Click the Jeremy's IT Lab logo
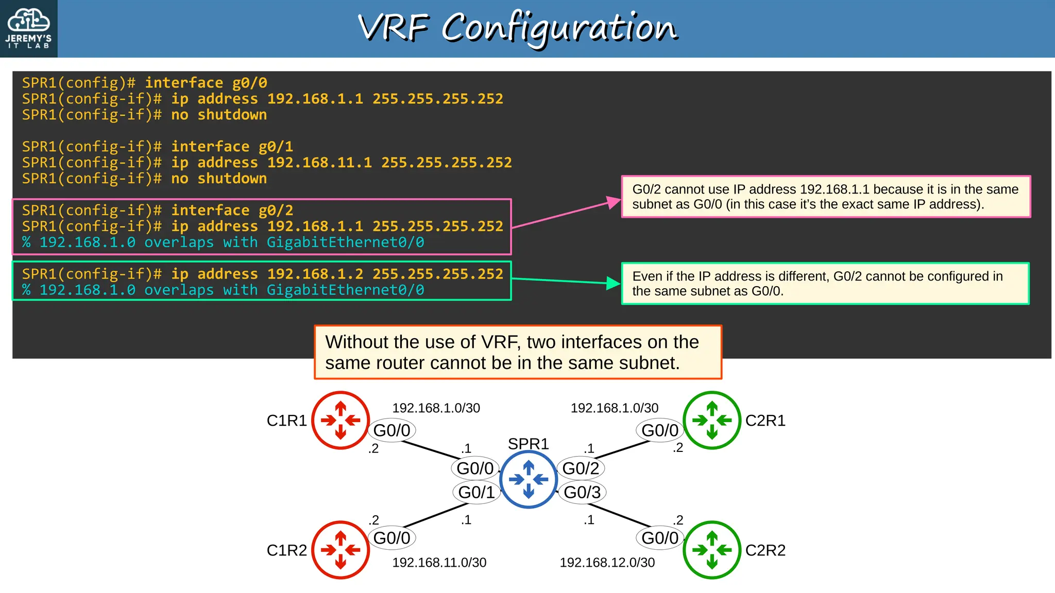(x=29, y=28)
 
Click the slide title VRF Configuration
(x=517, y=28)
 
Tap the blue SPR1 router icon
(x=529, y=479)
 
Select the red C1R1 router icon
(x=341, y=420)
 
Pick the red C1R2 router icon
(x=341, y=550)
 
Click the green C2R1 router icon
(x=712, y=420)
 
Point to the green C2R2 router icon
(x=712, y=550)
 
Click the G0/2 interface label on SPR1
(x=581, y=468)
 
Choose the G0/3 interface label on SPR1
(x=582, y=492)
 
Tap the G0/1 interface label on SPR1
(x=477, y=492)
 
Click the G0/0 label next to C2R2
(x=660, y=538)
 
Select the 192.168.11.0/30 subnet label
(x=439, y=563)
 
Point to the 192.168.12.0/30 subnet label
(x=607, y=563)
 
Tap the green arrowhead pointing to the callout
(x=614, y=283)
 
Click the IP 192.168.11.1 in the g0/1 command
(x=319, y=163)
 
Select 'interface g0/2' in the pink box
(x=232, y=211)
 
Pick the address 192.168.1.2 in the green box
(x=315, y=274)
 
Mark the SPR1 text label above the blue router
(x=528, y=444)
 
